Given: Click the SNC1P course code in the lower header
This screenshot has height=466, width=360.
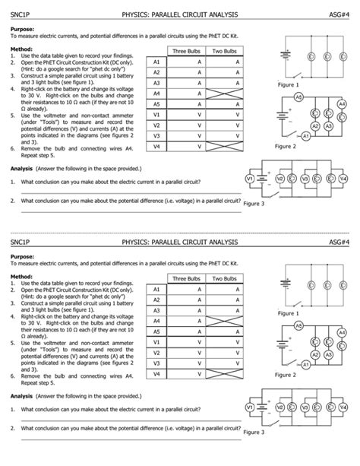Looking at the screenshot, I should tap(22, 241).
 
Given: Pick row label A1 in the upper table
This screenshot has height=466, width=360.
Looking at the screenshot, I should tap(156, 62).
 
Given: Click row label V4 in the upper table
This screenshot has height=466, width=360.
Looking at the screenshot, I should tap(156, 146).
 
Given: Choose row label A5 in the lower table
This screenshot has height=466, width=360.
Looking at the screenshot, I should tap(156, 331).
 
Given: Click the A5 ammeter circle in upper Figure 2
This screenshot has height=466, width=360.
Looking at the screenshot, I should tap(298, 97).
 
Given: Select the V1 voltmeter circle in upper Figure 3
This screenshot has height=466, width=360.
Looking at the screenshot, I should tap(250, 178).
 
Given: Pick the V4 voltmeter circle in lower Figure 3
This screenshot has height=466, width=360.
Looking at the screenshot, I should tap(343, 406).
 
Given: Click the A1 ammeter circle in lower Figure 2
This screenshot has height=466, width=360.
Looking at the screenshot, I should tap(305, 364).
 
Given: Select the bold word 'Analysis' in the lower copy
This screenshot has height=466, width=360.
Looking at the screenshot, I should tap(23, 395).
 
